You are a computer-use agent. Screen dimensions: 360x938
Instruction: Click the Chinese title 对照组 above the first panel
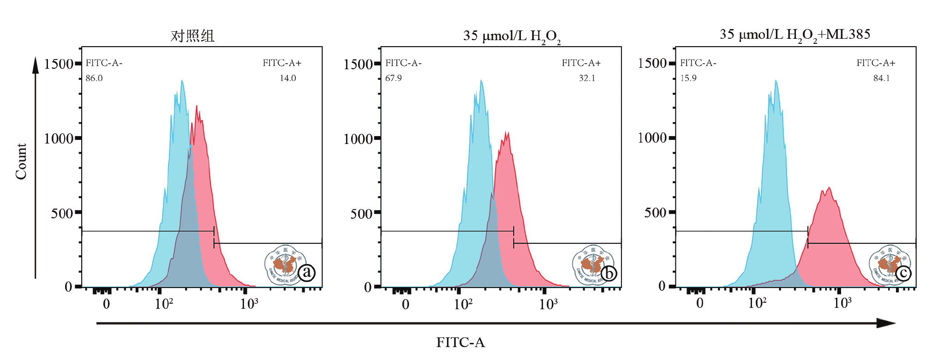click(x=192, y=36)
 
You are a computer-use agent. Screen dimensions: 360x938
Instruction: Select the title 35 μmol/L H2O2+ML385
click(x=795, y=35)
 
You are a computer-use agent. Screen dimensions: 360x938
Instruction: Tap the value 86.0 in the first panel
click(x=94, y=78)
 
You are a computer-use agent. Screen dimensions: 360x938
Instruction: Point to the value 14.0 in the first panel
click(x=287, y=78)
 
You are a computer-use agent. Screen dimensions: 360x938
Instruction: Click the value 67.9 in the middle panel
click(x=394, y=78)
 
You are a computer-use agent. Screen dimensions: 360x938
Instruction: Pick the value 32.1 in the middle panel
click(x=587, y=78)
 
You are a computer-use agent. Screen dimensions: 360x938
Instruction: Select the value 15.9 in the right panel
click(x=688, y=78)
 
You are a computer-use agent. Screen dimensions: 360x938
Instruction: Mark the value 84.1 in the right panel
click(x=881, y=78)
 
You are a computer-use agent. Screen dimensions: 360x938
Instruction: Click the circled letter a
click(x=307, y=273)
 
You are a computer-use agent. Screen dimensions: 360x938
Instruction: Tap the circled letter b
click(x=609, y=274)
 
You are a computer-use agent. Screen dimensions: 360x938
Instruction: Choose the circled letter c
click(x=903, y=273)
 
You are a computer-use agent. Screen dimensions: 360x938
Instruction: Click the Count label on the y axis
click(x=21, y=161)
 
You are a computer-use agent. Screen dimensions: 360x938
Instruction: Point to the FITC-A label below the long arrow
click(x=460, y=342)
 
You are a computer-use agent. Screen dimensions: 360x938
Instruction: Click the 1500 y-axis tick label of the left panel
click(x=59, y=64)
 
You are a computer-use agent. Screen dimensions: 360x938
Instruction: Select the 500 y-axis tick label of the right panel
click(x=655, y=213)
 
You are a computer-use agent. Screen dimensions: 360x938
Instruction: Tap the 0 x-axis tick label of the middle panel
click(x=406, y=305)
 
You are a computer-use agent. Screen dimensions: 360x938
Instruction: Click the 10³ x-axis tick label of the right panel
click(x=842, y=303)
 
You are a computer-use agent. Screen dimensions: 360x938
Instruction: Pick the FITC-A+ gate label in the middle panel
click(x=581, y=63)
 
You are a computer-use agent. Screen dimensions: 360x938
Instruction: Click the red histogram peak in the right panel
click(x=829, y=188)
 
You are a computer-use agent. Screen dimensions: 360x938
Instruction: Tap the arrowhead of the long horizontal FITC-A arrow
click(x=886, y=323)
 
